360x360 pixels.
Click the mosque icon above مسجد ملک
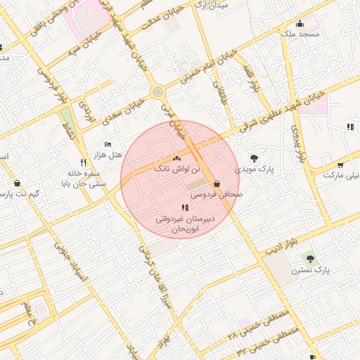pos(300,23)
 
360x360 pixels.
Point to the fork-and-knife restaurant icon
pos(84,162)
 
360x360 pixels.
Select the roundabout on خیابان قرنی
pos(157,91)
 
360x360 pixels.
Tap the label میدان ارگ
pos(211,6)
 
